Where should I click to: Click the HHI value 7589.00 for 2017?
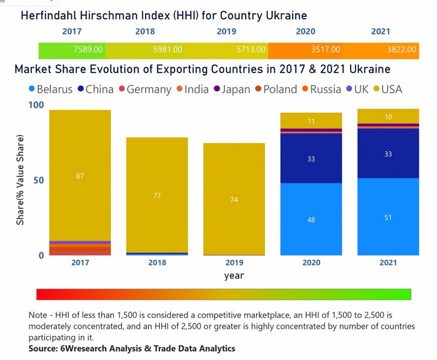point(88,50)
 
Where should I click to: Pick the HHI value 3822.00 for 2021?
point(402,50)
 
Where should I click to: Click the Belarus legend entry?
point(50,89)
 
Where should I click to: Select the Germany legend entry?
point(144,89)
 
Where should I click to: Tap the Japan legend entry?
point(231,89)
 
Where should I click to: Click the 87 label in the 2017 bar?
point(80,176)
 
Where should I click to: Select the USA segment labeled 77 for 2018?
point(157,196)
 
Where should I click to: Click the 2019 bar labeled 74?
point(234,199)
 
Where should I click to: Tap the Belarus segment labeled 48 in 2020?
point(311,220)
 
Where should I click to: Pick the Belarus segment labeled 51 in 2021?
point(388,217)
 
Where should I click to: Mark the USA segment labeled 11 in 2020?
point(311,121)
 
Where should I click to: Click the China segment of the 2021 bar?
point(388,154)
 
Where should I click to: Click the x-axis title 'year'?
point(234,275)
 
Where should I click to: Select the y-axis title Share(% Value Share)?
point(20,181)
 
